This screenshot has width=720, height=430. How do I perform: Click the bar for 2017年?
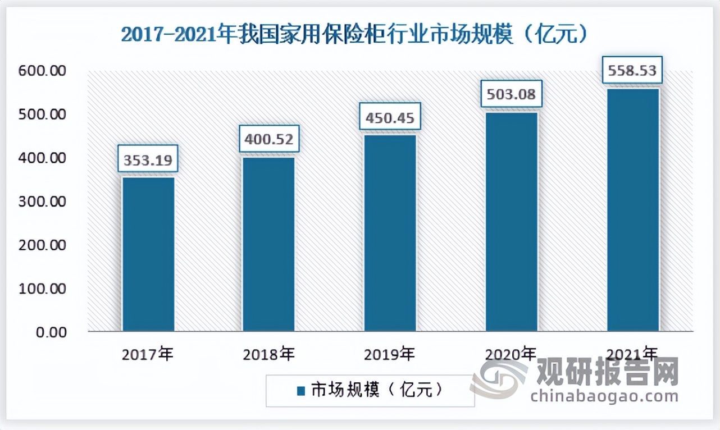pos(148,254)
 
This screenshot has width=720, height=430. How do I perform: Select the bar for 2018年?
pos(268,244)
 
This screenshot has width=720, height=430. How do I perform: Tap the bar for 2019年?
pos(390,233)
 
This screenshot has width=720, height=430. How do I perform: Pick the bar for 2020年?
pos(511,222)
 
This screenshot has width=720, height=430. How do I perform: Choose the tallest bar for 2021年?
pos(633,209)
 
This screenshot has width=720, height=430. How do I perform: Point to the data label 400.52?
pos(269,139)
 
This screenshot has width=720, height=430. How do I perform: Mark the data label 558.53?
pos(632,71)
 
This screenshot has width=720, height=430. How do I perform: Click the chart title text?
pos(354,35)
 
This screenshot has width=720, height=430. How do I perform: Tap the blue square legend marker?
pos(300,391)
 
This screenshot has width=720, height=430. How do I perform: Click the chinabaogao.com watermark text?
pos(604,396)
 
